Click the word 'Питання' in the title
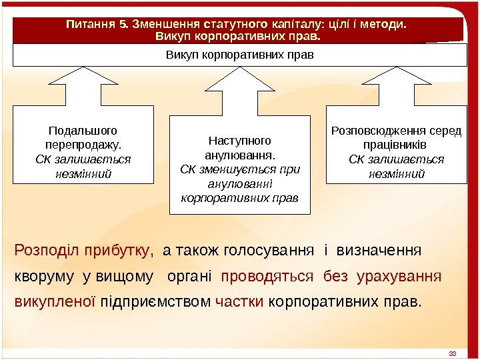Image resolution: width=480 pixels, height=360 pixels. coord(89,25)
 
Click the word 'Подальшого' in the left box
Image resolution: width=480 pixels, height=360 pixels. coord(83,131)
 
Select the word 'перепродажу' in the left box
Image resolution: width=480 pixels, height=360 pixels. coord(83,145)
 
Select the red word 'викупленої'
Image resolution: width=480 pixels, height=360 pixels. coord(55,301)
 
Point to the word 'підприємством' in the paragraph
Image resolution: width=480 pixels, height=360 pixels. coord(157,301)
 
